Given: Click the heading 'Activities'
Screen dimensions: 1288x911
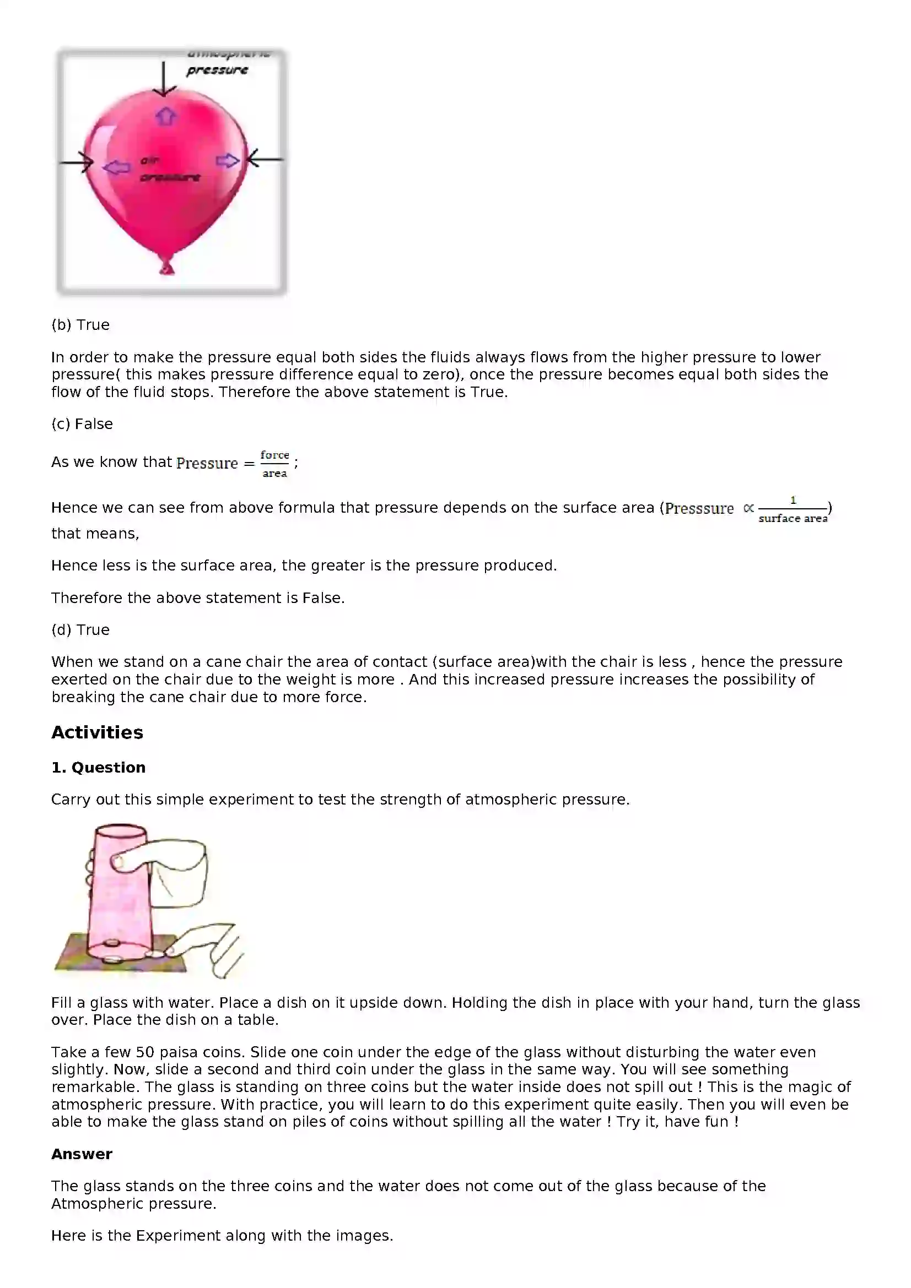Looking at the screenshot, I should [x=97, y=732].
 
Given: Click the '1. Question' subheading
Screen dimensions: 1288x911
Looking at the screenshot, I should [x=98, y=768].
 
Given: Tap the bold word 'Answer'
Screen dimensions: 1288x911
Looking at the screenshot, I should [x=82, y=1154].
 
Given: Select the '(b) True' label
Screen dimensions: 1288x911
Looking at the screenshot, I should [x=80, y=325].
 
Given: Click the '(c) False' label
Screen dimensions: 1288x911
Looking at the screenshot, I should [x=82, y=424].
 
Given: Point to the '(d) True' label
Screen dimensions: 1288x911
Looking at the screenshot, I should [x=80, y=630].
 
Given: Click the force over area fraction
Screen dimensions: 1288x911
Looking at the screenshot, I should [x=274, y=464].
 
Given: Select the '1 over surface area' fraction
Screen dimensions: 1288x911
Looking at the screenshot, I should [x=793, y=509].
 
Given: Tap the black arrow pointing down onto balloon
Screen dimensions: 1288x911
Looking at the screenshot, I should [x=163, y=79].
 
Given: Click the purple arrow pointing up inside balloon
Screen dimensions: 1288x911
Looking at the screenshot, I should [x=165, y=116].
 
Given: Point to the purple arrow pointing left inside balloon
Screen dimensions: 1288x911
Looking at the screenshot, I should [x=117, y=167].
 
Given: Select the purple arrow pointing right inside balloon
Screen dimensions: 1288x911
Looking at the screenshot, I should [x=227, y=161].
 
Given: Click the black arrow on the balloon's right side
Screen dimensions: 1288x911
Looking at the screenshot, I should [x=264, y=159].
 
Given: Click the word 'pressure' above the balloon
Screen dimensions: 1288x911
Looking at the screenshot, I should [x=217, y=70].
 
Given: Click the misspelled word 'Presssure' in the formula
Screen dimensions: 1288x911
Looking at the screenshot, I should [x=699, y=509].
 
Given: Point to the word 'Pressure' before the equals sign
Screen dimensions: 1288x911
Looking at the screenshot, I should [x=207, y=463].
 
